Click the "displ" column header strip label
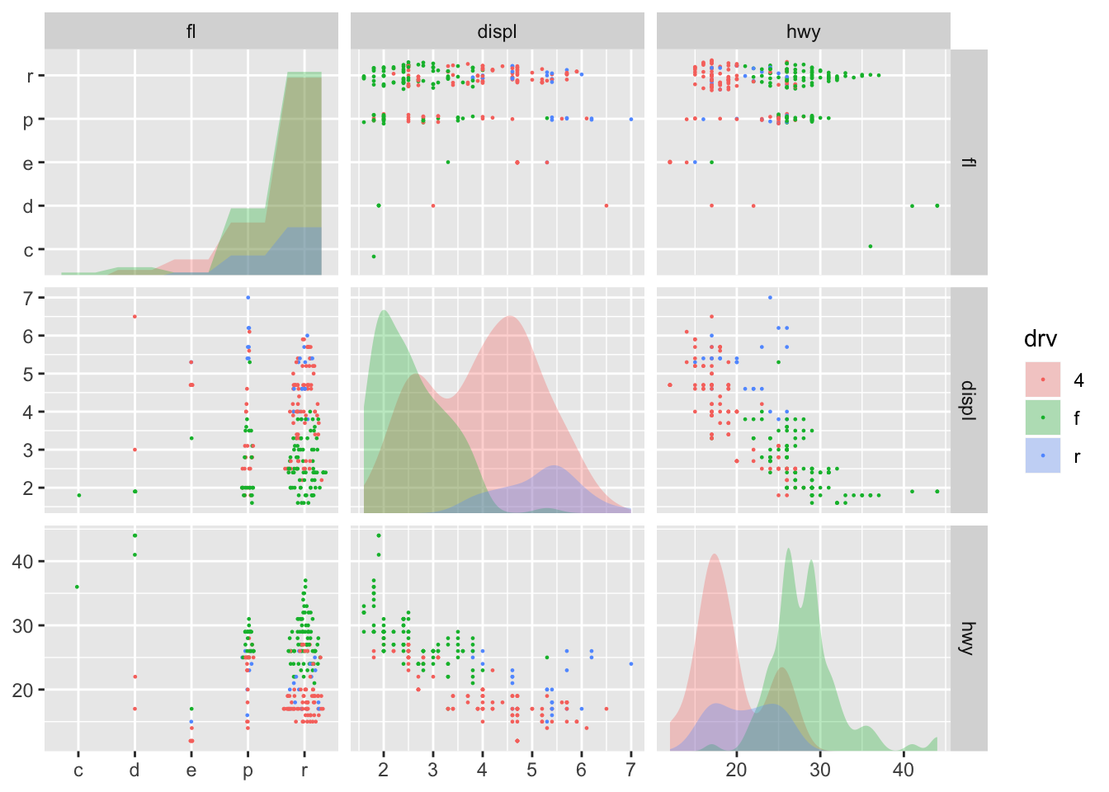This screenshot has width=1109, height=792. tap(497, 32)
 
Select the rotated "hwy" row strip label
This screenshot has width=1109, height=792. tap(969, 638)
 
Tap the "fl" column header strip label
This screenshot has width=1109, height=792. tap(191, 32)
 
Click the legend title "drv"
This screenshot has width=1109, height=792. tap(1040, 339)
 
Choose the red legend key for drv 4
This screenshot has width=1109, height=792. tap(1043, 379)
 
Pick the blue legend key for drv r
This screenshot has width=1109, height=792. tap(1043, 455)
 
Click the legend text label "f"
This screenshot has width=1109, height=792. tap(1077, 418)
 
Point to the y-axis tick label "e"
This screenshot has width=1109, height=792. tap(28, 163)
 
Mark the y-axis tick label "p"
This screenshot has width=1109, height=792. tap(28, 120)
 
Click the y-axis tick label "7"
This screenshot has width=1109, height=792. tap(28, 298)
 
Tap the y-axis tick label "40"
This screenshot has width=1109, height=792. tap(22, 562)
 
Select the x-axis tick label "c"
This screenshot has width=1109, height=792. tap(78, 771)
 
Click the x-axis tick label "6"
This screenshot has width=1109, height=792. tap(581, 771)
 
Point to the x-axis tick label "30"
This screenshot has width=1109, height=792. tap(820, 771)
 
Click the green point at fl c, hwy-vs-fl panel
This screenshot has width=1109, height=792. tap(77, 587)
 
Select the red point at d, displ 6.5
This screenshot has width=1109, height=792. tap(134, 317)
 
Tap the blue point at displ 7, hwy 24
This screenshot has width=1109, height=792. tap(630, 663)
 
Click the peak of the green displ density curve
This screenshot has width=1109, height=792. tap(384, 311)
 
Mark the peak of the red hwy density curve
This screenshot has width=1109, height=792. tap(715, 554)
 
